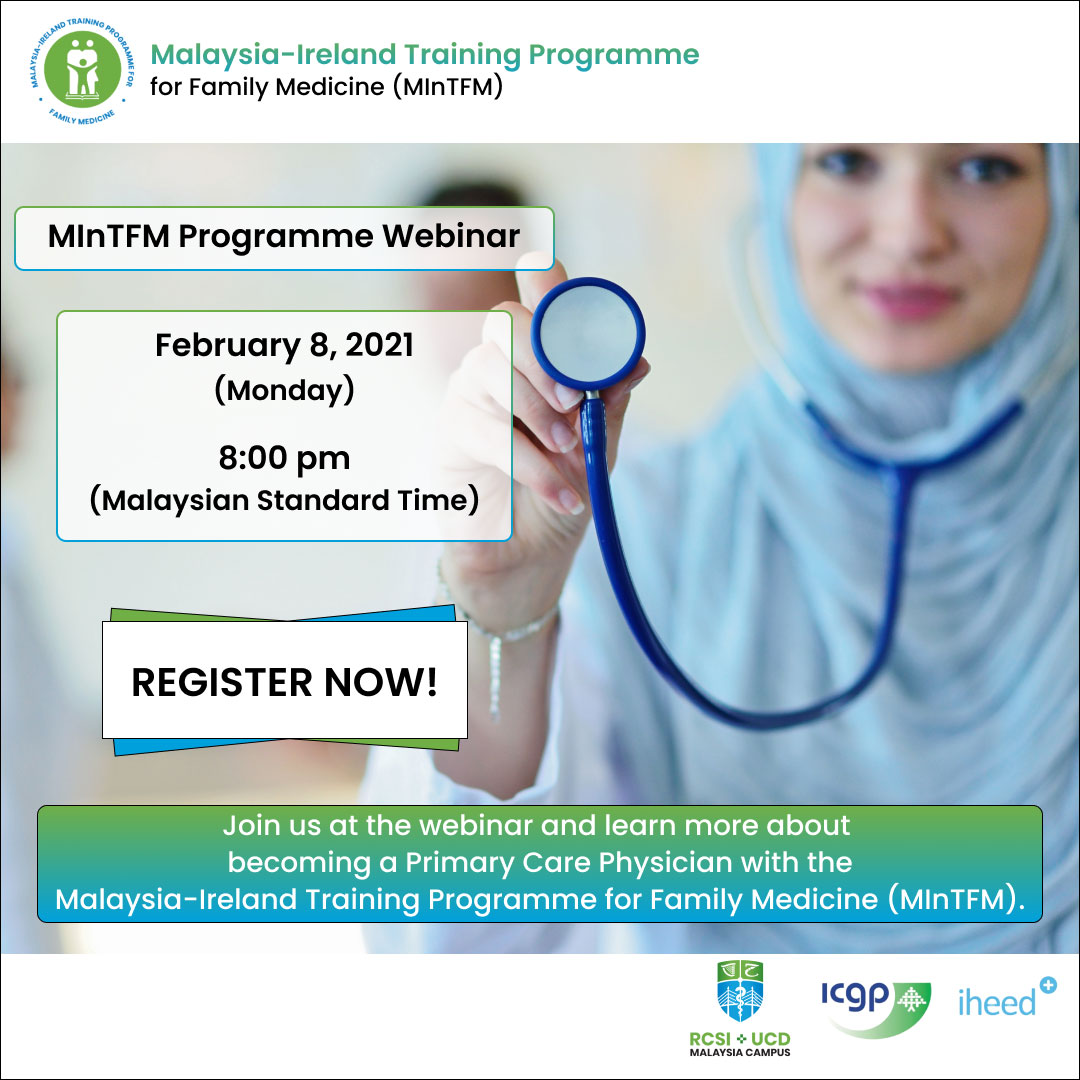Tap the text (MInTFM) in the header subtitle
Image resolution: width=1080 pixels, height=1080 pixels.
click(448, 87)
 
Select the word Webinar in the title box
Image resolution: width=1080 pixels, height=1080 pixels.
click(451, 236)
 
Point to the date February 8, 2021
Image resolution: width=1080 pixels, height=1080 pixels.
click(284, 345)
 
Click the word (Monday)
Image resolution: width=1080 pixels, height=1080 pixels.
click(284, 390)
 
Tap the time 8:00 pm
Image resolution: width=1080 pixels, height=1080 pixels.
click(284, 459)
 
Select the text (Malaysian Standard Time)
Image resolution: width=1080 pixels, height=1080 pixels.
click(284, 500)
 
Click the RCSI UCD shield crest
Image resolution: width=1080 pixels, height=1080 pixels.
click(740, 991)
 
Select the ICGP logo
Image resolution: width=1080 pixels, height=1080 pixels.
click(876, 1007)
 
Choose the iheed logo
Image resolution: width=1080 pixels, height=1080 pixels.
click(1006, 998)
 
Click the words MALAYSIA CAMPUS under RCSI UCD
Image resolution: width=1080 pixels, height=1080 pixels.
click(740, 1052)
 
